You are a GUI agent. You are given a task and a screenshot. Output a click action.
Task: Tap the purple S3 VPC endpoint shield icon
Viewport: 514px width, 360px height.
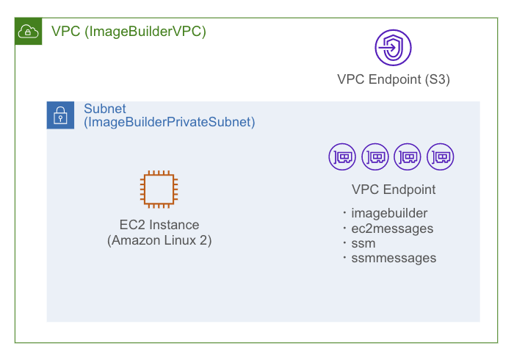(x=393, y=48)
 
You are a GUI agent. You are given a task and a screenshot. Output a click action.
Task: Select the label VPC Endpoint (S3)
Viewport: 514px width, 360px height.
(x=393, y=79)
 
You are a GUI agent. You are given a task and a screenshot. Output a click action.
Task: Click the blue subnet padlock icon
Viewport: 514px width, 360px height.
(x=59, y=115)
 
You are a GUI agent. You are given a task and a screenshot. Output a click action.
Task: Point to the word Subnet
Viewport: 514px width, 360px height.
(x=105, y=109)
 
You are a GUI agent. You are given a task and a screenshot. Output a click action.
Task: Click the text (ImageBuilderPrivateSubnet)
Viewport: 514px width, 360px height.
(x=170, y=123)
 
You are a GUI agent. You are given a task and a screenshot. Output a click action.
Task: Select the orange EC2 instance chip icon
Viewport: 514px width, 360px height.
(x=159, y=188)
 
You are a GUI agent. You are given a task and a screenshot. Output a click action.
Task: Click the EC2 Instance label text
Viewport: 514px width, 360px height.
(x=159, y=225)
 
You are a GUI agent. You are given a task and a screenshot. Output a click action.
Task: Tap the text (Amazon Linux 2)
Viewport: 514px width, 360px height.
(x=159, y=240)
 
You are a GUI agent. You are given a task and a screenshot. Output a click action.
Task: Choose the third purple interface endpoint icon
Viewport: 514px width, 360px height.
(x=408, y=156)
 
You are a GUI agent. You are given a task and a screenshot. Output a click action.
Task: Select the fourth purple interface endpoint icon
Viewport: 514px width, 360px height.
(x=441, y=156)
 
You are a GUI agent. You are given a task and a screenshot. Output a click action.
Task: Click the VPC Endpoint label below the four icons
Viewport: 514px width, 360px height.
(x=394, y=190)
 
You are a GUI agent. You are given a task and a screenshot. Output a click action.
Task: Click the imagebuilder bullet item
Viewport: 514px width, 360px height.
(x=388, y=214)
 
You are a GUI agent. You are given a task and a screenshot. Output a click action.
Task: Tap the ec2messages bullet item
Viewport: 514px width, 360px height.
(x=391, y=228)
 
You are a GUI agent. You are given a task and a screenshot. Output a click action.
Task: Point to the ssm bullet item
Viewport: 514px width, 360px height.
(x=363, y=243)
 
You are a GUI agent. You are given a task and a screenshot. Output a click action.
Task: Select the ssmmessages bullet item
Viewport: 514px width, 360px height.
(x=393, y=258)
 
